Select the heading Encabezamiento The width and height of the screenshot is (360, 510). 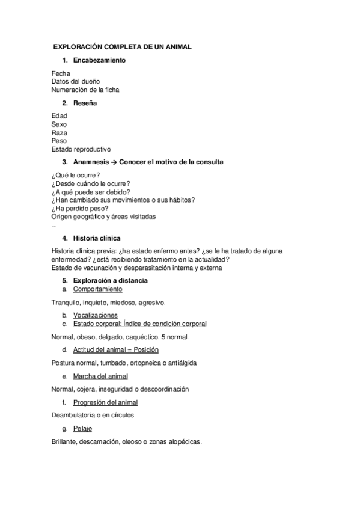pyautogui.click(x=99, y=61)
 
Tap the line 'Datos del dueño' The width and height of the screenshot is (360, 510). pyautogui.click(x=76, y=81)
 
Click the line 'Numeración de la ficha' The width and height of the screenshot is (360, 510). pyautogui.click(x=85, y=90)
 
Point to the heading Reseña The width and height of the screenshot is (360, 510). pyautogui.click(x=85, y=103)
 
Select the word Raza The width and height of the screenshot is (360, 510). pyautogui.click(x=59, y=132)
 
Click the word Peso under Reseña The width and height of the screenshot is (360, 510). pyautogui.click(x=59, y=141)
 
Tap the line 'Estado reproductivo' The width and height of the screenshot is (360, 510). pyautogui.click(x=81, y=149)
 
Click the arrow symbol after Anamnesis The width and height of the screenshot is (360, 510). pyautogui.click(x=114, y=162)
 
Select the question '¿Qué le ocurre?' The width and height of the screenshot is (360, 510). pyautogui.click(x=76, y=174)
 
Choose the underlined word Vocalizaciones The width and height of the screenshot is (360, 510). pyautogui.click(x=96, y=315)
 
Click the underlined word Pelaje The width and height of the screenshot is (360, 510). pyautogui.click(x=83, y=428)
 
